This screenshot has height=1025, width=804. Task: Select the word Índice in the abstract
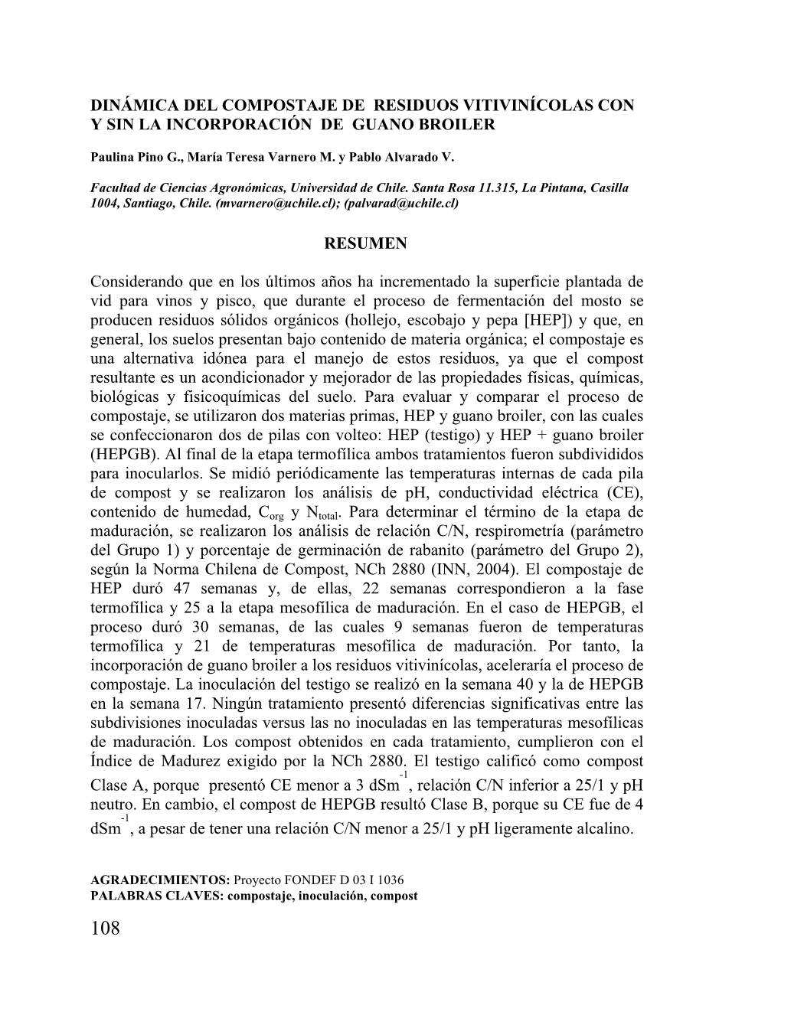(115, 761)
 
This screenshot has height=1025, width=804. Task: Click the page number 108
(105, 929)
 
